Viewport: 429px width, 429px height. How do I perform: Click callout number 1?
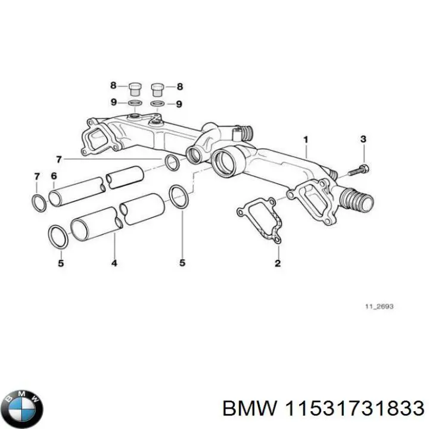pos(306,141)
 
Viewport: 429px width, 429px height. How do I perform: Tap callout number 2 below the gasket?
pos(278,262)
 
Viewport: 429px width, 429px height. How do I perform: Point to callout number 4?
pos(114,262)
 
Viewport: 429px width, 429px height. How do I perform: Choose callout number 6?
pos(54,176)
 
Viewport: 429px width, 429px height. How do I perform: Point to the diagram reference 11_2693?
pos(379,307)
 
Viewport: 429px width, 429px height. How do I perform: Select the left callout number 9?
pos(113,102)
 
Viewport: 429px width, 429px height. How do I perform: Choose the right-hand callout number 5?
pos(182,262)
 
